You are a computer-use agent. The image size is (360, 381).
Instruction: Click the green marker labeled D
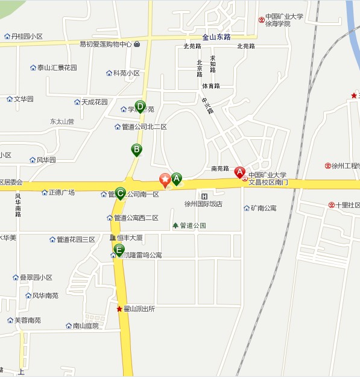pyautogui.click(x=140, y=107)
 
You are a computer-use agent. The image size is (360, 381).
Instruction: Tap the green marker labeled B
pyautogui.click(x=137, y=149)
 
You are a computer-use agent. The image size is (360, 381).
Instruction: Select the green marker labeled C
pyautogui.click(x=120, y=193)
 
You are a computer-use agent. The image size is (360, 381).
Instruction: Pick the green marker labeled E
pyautogui.click(x=119, y=249)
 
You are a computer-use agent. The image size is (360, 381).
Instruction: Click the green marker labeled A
pyautogui.click(x=177, y=178)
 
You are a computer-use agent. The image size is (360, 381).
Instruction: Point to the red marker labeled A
pyautogui.click(x=239, y=172)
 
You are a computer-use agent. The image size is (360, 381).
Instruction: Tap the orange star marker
pyautogui.click(x=164, y=179)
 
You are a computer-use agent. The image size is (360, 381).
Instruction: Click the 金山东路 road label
pyautogui.click(x=216, y=37)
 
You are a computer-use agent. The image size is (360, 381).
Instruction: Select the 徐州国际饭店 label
pyautogui.click(x=203, y=204)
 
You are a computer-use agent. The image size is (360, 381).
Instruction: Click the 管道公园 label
pyautogui.click(x=193, y=225)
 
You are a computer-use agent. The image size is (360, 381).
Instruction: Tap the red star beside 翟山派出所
pyautogui.click(x=119, y=309)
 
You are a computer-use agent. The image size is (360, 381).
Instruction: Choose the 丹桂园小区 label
pyautogui.click(x=27, y=36)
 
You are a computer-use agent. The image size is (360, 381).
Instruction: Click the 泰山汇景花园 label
pyautogui.click(x=57, y=68)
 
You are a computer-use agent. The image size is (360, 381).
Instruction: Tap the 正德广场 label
pyautogui.click(x=62, y=192)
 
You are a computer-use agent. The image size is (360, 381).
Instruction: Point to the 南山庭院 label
pyautogui.click(x=85, y=326)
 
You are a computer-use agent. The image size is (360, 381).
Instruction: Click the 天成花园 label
pyautogui.click(x=94, y=102)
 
